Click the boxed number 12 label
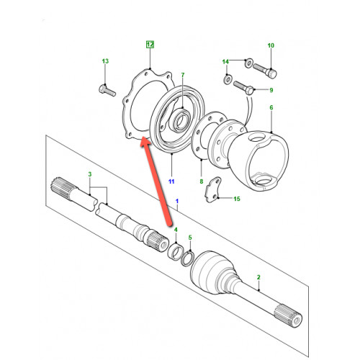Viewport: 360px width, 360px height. (150, 45)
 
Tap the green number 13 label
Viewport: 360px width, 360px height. (105, 61)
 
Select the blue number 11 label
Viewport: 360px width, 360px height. (171, 181)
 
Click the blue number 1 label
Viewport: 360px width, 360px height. (177, 201)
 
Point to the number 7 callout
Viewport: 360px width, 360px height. (183, 75)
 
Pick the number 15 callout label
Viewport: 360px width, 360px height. (237, 199)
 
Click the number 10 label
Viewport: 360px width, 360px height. (271, 45)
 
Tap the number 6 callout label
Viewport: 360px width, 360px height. (271, 107)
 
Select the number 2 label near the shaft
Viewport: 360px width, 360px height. (258, 277)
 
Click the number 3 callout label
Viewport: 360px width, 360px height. (90, 174)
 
